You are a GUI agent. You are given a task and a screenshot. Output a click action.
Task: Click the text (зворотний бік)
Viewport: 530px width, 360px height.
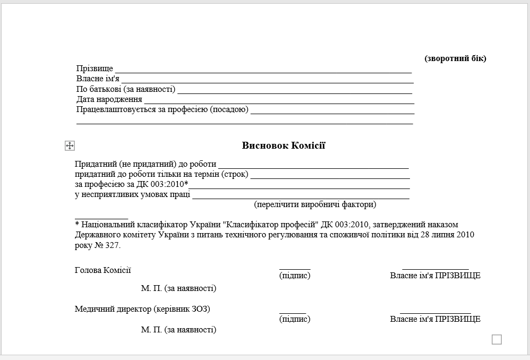coord(455,58)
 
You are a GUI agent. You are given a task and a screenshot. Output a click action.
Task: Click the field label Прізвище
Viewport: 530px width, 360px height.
coord(95,69)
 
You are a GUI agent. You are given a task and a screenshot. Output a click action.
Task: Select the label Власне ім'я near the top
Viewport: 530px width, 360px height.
coord(98,79)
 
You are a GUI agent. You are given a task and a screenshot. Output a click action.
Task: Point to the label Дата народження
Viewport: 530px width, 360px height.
coord(109,99)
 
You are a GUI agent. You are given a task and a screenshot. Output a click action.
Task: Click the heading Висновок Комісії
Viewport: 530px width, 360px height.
coord(284,145)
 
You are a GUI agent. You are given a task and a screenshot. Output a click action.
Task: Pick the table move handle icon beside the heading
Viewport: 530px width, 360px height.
coord(70,145)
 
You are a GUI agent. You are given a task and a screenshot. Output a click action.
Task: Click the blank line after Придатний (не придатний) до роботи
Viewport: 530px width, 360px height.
coord(313,167)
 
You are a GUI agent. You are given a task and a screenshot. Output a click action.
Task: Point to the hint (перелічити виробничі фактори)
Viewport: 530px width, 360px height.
coord(315,204)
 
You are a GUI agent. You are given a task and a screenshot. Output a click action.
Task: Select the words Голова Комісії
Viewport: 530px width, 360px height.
coord(102,270)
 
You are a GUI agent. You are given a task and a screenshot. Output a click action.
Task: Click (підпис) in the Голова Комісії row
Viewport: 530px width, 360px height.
coord(295,276)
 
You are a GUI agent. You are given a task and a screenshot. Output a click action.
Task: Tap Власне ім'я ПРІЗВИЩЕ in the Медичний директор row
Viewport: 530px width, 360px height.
coord(435,319)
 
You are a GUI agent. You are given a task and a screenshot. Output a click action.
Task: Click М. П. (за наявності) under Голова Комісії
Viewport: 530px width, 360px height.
coord(178,288)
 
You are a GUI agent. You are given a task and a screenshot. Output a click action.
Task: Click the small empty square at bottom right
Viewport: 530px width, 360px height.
coord(497,339)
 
